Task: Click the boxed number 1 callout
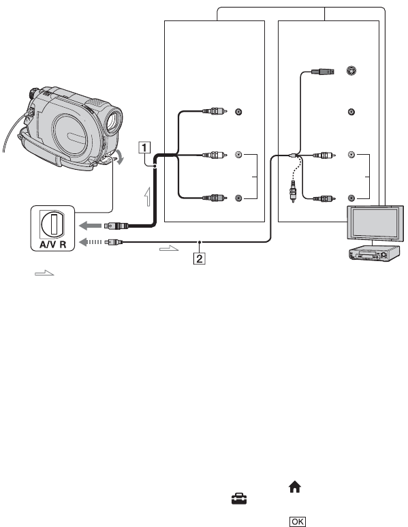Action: click(x=144, y=147)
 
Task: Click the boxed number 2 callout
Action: click(x=200, y=258)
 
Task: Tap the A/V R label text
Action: click(x=52, y=244)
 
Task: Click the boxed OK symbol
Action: click(x=298, y=522)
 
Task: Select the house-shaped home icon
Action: click(x=295, y=487)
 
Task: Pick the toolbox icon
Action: click(x=239, y=498)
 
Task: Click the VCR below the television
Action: click(x=375, y=254)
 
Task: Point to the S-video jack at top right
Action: click(x=351, y=71)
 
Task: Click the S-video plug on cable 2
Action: click(x=322, y=72)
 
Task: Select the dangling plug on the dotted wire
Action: click(x=293, y=191)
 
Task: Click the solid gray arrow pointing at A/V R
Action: click(x=90, y=226)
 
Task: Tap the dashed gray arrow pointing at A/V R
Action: click(x=90, y=241)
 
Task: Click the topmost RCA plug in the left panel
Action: click(x=215, y=111)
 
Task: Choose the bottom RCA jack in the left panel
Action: click(x=238, y=198)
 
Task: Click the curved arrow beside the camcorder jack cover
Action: click(x=119, y=157)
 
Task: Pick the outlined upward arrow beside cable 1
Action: click(x=147, y=196)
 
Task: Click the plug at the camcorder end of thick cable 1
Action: click(x=116, y=226)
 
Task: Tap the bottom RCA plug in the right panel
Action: click(x=324, y=198)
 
